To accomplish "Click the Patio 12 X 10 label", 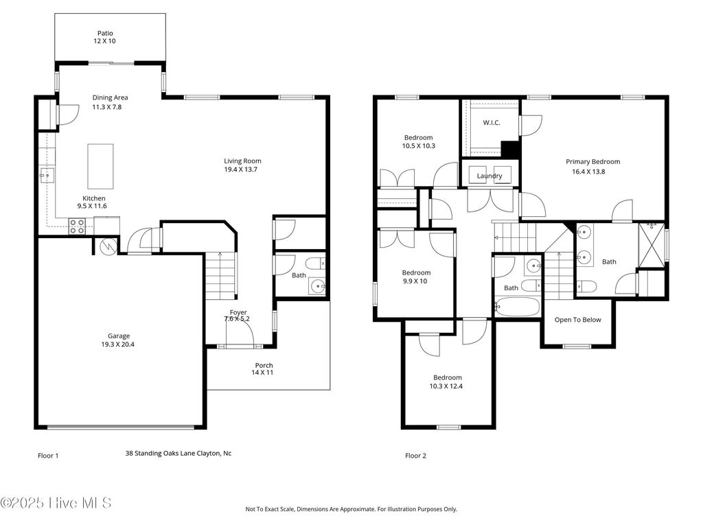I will [x=105, y=37].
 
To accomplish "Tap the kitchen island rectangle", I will [x=100, y=166].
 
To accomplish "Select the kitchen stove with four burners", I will [x=76, y=226].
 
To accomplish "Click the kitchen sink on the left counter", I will [x=45, y=176].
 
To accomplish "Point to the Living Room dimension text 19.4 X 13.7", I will [x=242, y=169].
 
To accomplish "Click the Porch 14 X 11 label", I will [x=264, y=369].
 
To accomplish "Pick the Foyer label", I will [x=238, y=312].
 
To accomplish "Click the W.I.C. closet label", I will [x=491, y=123].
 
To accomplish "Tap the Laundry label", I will [x=489, y=176].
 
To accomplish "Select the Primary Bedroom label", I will [x=592, y=162].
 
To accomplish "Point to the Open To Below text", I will [x=577, y=320].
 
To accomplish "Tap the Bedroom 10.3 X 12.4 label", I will [x=447, y=382].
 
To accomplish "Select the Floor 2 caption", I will [x=415, y=456].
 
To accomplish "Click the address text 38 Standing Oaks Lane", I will [x=178, y=453].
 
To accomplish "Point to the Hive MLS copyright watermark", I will [x=56, y=503].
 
